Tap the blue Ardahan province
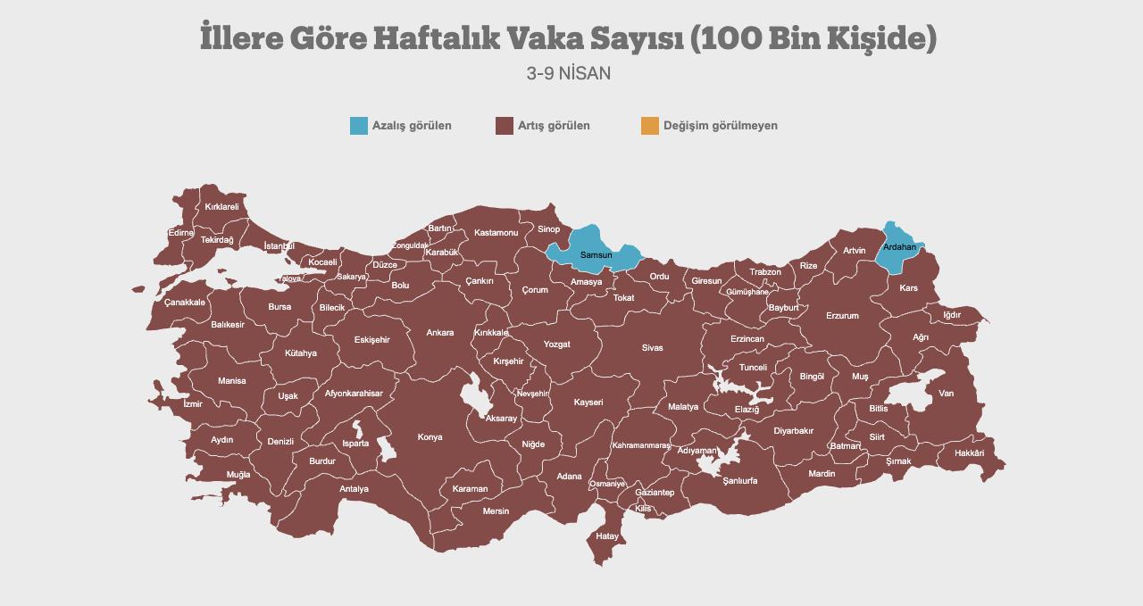pyautogui.click(x=899, y=247)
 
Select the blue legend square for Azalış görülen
pyautogui.click(x=359, y=126)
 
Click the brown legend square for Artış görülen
pyautogui.click(x=504, y=126)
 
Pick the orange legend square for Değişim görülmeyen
pyautogui.click(x=650, y=126)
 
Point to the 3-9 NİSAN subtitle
pyautogui.click(x=569, y=73)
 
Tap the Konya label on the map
pyautogui.click(x=430, y=437)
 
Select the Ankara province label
pyautogui.click(x=439, y=333)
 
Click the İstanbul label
pyautogui.click(x=279, y=245)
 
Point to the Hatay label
pyautogui.click(x=606, y=536)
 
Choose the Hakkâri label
pyautogui.click(x=969, y=453)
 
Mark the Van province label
pyautogui.click(x=946, y=394)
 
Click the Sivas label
pyautogui.click(x=652, y=347)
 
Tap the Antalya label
pyautogui.click(x=354, y=489)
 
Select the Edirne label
pyautogui.click(x=180, y=233)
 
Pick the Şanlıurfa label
pyautogui.click(x=739, y=480)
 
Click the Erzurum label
pyautogui.click(x=841, y=316)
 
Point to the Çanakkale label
pyautogui.click(x=184, y=302)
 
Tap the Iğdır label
pyautogui.click(x=952, y=315)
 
